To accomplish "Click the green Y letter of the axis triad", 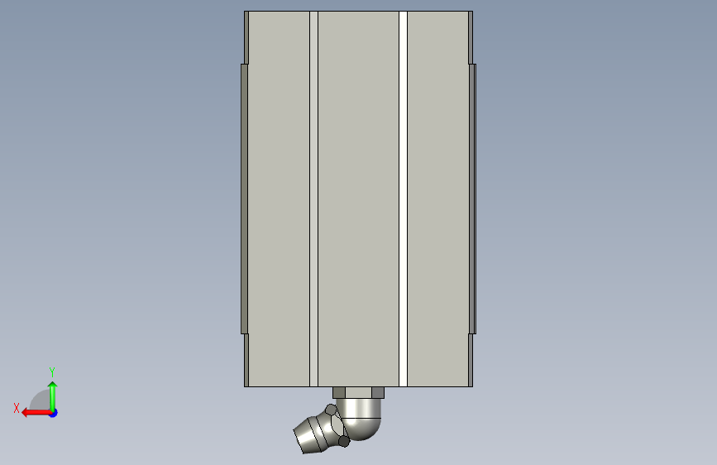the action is pos(52,372).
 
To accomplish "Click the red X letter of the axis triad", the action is pos(17,408).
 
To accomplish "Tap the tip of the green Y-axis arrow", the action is pos(53,382).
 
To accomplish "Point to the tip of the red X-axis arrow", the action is pos(22,413).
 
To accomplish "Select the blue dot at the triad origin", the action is pos(54,413).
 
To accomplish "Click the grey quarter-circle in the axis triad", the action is pos(41,400).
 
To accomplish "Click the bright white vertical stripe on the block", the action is pos(403,199).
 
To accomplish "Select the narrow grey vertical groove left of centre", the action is pos(313,199).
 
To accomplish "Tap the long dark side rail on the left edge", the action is pos(245,199).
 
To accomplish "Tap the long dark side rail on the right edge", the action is pos(472,199).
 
